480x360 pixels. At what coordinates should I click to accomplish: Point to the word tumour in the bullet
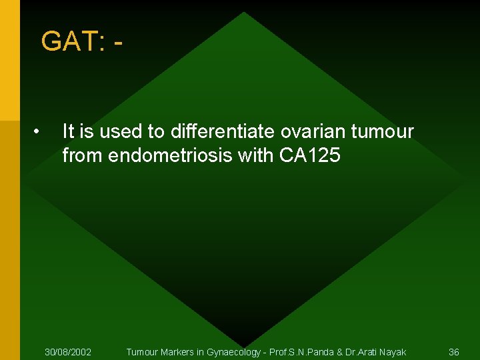(x=386, y=132)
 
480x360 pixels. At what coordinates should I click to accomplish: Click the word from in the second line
(x=83, y=156)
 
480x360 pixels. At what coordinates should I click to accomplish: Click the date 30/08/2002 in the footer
(x=68, y=351)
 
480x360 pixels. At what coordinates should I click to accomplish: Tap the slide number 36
(x=454, y=351)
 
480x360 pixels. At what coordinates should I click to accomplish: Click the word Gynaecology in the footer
(x=235, y=351)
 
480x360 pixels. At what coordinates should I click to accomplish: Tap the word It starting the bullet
(x=69, y=132)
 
